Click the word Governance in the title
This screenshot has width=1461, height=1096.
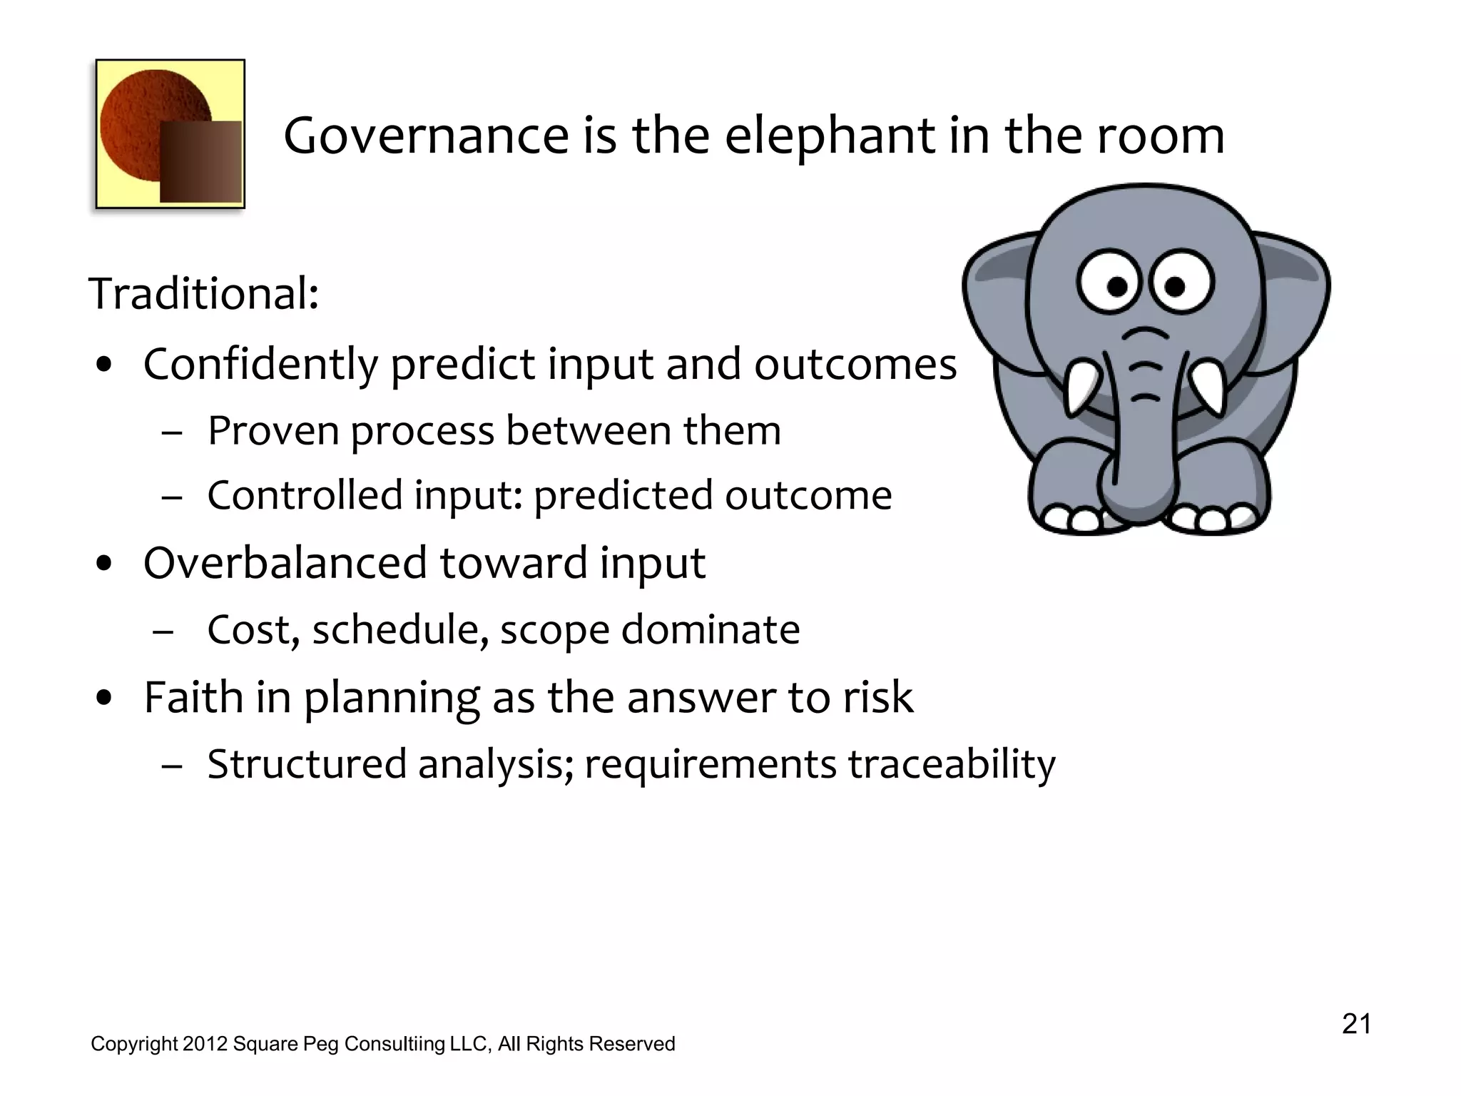(x=426, y=136)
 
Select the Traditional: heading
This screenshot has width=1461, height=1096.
(x=203, y=293)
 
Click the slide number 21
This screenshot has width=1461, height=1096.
(x=1356, y=1024)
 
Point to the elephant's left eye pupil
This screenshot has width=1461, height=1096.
(x=1118, y=287)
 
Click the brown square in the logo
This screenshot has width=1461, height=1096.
(x=200, y=161)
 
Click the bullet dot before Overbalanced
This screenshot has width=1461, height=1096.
(x=105, y=564)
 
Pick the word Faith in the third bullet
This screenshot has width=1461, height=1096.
(x=193, y=697)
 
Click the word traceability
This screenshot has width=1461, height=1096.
(x=952, y=764)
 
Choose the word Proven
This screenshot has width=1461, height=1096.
(x=273, y=431)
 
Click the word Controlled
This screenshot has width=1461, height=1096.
(x=305, y=495)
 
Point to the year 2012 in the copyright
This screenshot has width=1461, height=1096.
(x=205, y=1044)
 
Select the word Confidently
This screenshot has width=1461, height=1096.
(x=260, y=365)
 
